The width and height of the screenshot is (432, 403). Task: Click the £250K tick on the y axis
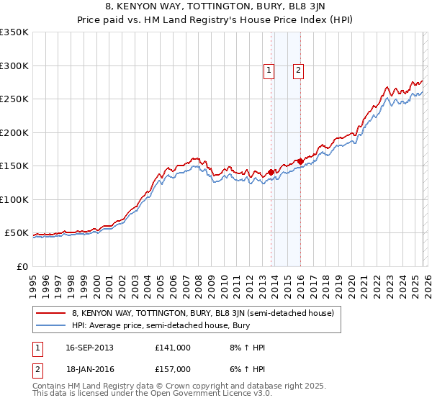[14, 99]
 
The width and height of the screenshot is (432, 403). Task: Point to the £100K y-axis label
[14, 199]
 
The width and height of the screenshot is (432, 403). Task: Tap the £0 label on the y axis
[22, 266]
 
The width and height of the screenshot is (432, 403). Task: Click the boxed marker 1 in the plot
[269, 71]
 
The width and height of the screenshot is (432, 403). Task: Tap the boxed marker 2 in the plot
[297, 71]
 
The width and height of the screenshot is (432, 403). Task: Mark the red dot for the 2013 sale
[271, 172]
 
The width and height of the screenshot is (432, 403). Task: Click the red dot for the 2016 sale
[300, 161]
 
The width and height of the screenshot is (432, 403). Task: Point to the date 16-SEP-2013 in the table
[89, 348]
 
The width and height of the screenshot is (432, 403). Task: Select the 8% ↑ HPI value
[244, 348]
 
